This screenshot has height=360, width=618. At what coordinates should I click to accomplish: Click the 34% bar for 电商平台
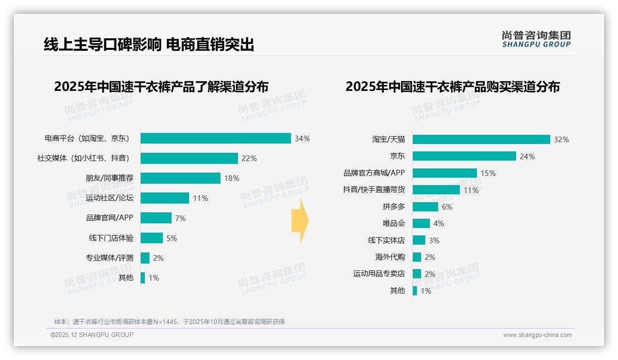tap(215, 138)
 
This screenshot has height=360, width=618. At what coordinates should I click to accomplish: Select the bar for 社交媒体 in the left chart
tap(189, 158)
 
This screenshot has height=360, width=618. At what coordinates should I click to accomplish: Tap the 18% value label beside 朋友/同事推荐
tap(232, 178)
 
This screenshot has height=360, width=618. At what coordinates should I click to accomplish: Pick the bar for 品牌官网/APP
tap(156, 218)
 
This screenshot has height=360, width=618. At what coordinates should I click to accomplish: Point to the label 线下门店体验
tap(111, 238)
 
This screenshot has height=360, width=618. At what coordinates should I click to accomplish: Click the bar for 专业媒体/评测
tap(145, 258)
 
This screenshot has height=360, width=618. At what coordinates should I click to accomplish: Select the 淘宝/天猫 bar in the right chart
tap(481, 139)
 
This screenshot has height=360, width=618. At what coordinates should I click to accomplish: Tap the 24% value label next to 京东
tap(527, 156)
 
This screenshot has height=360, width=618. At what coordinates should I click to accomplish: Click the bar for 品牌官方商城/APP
tap(445, 173)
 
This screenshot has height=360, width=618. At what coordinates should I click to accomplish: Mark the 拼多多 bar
tap(425, 207)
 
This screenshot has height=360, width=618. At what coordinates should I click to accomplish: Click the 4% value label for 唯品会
tap(439, 223)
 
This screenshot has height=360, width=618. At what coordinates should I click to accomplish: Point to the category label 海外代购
tap(390, 257)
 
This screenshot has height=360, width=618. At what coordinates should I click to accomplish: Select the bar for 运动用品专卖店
tap(417, 274)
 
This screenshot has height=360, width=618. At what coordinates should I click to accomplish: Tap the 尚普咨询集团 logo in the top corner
tap(536, 39)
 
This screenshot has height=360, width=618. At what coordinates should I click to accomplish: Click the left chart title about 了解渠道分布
tap(161, 87)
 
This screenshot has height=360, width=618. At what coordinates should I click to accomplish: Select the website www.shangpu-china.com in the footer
tap(537, 335)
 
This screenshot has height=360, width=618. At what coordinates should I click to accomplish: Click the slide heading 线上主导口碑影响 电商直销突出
tap(149, 44)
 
